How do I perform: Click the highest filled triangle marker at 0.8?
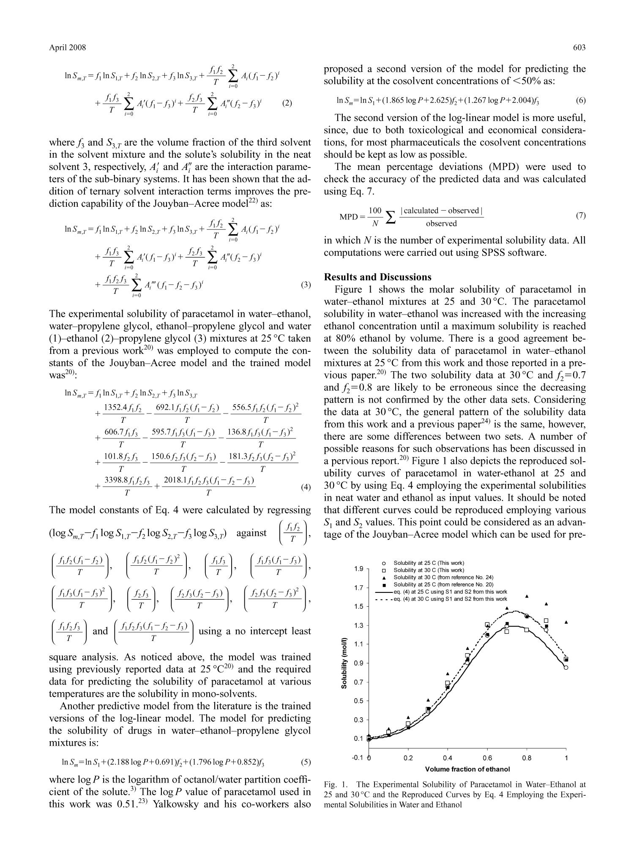click(x=527, y=596)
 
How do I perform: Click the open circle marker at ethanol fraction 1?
click(x=566, y=668)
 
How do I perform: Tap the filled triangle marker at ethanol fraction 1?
click(x=566, y=622)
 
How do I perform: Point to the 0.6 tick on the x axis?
click(x=487, y=758)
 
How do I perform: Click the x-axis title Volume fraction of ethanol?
click(x=467, y=769)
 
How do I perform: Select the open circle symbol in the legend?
click(x=383, y=563)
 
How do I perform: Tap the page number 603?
click(x=579, y=47)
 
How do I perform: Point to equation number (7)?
click(x=581, y=216)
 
